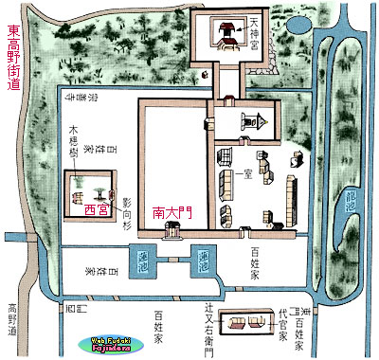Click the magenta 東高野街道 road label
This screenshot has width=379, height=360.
[12, 56]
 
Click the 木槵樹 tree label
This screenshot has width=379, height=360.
[73, 141]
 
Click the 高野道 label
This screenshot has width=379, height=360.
[12, 321]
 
